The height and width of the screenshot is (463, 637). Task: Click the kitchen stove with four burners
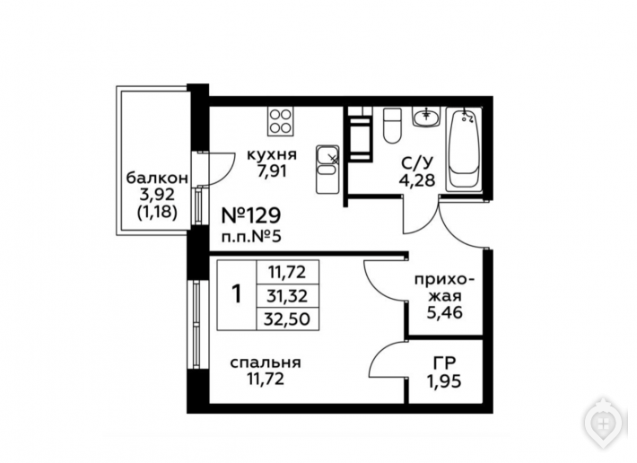[x=280, y=121]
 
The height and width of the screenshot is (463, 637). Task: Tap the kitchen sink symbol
[x=327, y=169]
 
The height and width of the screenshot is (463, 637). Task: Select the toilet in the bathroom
[x=392, y=125]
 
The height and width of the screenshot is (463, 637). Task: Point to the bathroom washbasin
[x=426, y=118]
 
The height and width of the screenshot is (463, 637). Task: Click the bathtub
[x=464, y=149]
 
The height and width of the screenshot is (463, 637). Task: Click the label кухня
[x=272, y=154]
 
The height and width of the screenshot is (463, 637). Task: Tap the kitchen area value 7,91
[x=272, y=171]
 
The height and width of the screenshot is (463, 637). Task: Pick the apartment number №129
[x=250, y=215]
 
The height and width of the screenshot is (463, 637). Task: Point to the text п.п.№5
[x=251, y=236]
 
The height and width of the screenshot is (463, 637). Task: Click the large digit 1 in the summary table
[x=236, y=294]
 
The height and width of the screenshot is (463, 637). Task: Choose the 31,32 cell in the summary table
[x=287, y=296]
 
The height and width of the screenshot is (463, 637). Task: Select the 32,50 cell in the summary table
[x=287, y=319]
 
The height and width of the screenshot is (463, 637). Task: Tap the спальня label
[x=266, y=363]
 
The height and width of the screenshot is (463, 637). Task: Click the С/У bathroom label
[x=417, y=163]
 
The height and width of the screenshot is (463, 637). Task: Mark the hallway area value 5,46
[x=444, y=312]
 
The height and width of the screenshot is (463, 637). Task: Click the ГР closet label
[x=444, y=363]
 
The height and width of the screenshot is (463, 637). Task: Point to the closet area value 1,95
[x=443, y=381]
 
